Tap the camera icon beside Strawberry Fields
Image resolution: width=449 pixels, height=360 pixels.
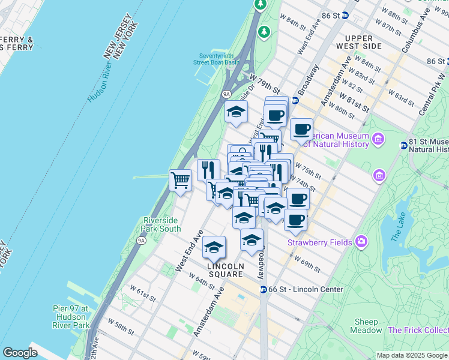tap(361, 241)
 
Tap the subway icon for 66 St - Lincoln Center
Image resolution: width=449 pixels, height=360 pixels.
tap(263, 289)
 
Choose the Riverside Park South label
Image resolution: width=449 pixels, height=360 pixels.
tap(161, 224)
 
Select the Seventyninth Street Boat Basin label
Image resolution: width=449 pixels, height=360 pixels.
tap(216, 58)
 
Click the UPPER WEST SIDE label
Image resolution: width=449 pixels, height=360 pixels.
tap(360, 42)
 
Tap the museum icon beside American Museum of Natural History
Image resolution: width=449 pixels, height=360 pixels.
tap(378, 140)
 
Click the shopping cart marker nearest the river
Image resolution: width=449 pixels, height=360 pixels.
tap(180, 179)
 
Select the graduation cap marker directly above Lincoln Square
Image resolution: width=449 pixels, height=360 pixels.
tap(214, 247)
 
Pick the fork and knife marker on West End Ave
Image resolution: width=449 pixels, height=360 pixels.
tap(208, 169)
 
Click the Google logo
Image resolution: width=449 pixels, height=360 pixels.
tap(20, 352)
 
